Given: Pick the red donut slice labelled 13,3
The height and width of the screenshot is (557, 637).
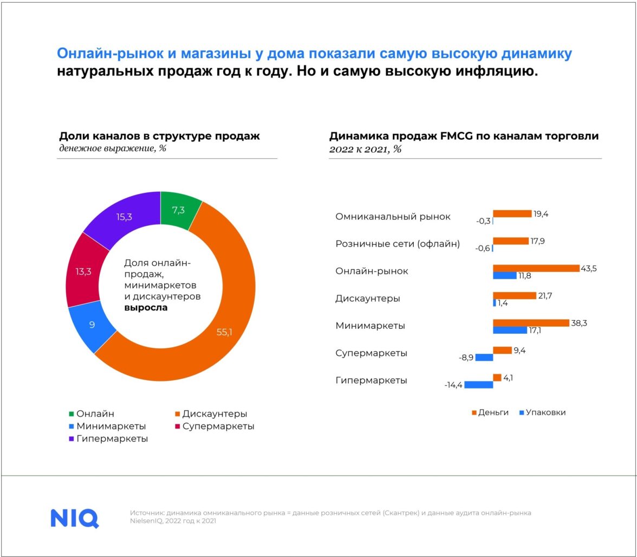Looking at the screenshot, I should coord(83,271).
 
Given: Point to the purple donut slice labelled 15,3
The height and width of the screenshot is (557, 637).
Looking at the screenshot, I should coord(124,217).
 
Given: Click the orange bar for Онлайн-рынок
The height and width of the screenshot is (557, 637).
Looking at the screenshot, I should coord(536,268).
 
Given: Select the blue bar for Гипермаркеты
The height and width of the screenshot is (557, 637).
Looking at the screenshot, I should coord(478,385).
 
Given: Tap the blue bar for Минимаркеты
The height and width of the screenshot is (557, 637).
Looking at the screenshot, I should coord(509,330).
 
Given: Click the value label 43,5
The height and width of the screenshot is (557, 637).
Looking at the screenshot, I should coord(588,268).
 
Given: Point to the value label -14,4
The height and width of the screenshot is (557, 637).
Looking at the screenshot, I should coord(453,385).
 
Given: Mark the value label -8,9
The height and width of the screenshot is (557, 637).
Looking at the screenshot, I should coord(466,358).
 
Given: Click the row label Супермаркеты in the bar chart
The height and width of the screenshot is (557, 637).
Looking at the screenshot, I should coord(371,353).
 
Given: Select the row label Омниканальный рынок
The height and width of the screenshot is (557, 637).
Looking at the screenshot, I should coord(393,217).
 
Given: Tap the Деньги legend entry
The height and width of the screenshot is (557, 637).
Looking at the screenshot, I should coord(491,412).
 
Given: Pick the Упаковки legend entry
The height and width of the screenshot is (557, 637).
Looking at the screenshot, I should coord(543,412).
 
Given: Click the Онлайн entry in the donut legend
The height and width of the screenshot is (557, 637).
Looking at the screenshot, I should coord(92,414).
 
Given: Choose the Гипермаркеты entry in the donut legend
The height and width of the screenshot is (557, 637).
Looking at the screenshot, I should coord(108,439).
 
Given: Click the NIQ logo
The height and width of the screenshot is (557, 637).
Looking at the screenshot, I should coord(75,517).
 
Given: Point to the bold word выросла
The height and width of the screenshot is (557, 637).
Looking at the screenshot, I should coord(146,308).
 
